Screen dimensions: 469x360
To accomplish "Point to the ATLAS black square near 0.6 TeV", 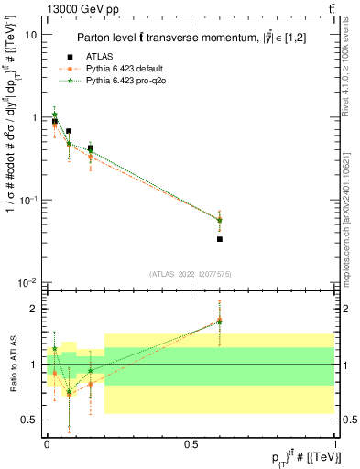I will [220, 239].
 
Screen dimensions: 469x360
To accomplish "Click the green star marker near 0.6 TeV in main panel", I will [220, 220].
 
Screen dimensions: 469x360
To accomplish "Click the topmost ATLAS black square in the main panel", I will [54, 122].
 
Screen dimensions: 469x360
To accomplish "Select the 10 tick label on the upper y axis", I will [31, 35].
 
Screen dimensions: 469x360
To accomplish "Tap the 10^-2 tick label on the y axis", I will [27, 282].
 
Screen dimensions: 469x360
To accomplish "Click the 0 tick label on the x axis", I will [46, 443].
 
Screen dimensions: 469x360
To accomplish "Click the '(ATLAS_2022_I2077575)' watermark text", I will [190, 274].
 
